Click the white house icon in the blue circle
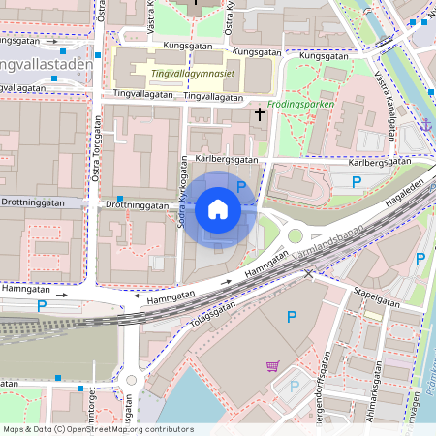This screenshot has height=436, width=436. (218, 208)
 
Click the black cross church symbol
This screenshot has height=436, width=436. (259, 115)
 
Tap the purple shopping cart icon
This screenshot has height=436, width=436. (273, 365)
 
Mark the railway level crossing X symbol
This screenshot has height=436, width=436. (309, 274)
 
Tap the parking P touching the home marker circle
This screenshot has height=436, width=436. (241, 185)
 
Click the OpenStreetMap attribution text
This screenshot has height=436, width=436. (98, 428)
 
